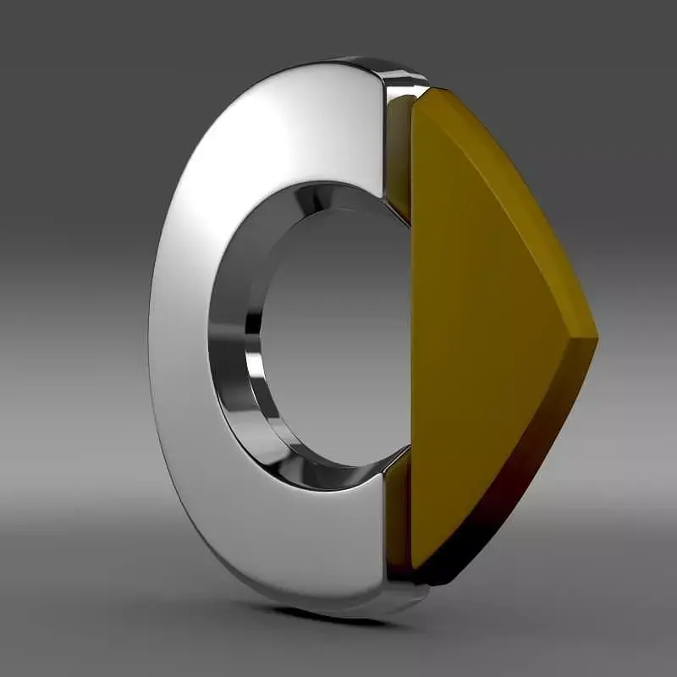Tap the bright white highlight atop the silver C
click(254, 127)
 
